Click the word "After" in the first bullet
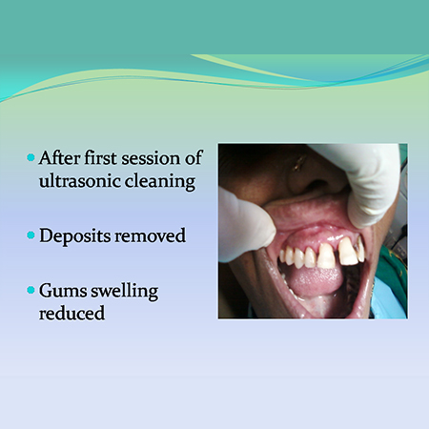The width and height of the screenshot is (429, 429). (x=59, y=158)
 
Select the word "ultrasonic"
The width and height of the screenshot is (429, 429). (x=79, y=181)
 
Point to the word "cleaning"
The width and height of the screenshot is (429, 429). (x=160, y=182)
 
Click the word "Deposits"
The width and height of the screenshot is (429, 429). (x=74, y=235)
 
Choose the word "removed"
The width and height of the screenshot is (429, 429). (x=150, y=235)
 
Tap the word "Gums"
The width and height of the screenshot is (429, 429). (x=63, y=291)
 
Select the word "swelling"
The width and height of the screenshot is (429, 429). (x=125, y=291)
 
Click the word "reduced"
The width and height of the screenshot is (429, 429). (x=71, y=313)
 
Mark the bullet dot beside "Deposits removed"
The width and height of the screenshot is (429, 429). (x=31, y=235)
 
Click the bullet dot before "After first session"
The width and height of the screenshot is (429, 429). (x=31, y=157)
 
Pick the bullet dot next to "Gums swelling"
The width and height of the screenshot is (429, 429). (x=31, y=290)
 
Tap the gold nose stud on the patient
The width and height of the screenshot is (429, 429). (x=298, y=163)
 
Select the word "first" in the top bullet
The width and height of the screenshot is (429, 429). (x=100, y=158)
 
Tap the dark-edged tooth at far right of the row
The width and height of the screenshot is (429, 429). (x=360, y=250)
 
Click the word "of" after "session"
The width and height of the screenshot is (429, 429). (x=193, y=158)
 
